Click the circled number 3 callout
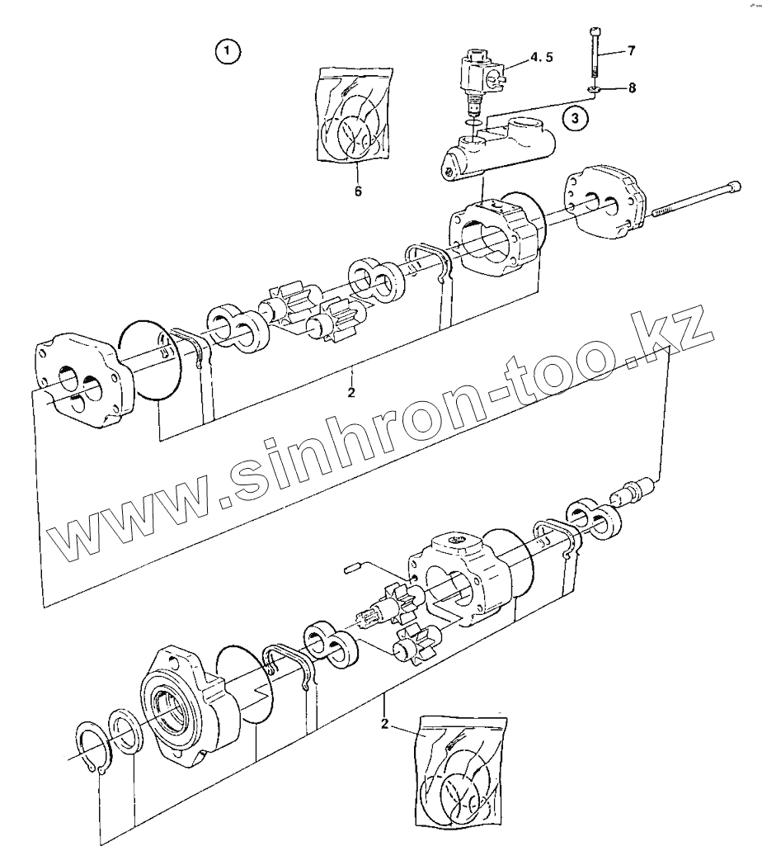point(577,118)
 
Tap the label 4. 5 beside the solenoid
point(541,57)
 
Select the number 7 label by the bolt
point(631,51)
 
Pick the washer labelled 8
point(594,88)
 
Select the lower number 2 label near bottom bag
point(383,725)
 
